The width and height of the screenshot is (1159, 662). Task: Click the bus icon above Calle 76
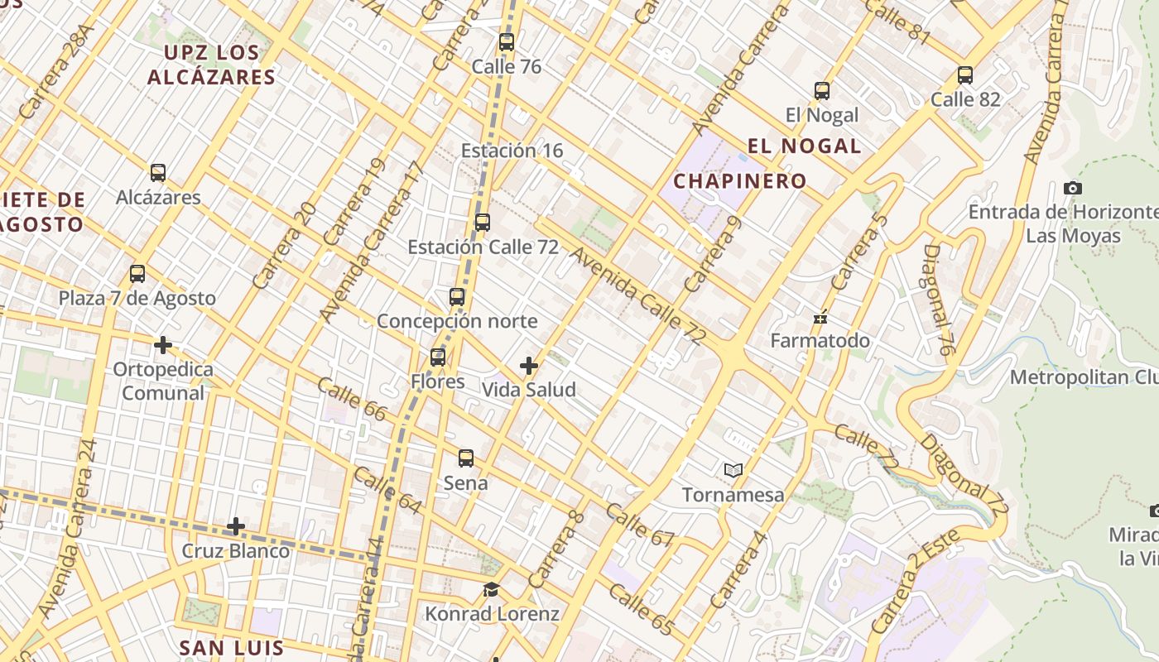[x=507, y=42]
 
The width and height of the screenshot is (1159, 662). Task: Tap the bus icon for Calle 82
[x=964, y=75]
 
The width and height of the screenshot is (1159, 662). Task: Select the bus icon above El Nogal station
[x=821, y=91]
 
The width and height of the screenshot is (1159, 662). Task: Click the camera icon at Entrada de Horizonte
[x=1073, y=188]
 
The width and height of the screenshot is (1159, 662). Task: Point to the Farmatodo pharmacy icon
[x=820, y=317]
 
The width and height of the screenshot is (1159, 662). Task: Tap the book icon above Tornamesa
[x=733, y=471]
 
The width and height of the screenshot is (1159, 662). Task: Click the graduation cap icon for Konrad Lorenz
[x=492, y=590]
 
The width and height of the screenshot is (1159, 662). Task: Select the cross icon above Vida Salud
[x=528, y=366]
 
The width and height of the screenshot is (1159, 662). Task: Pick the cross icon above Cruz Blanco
[x=236, y=526]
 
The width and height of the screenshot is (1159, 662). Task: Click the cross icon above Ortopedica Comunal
[x=163, y=344]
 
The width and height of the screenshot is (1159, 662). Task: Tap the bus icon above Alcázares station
[x=158, y=173]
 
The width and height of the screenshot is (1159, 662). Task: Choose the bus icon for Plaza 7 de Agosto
[x=137, y=274]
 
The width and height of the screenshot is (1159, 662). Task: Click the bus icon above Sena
[x=466, y=458]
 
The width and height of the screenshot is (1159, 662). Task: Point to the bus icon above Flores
[x=438, y=357]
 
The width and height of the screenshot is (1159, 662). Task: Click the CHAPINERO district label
[x=739, y=181]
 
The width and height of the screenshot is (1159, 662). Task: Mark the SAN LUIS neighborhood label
[x=232, y=648]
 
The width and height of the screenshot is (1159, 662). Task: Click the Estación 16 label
[x=512, y=151]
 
